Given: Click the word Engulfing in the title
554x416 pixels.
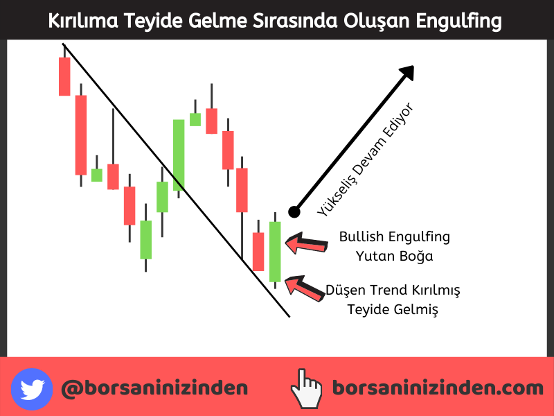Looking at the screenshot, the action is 458,21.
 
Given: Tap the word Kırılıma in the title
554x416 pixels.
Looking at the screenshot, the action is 83,21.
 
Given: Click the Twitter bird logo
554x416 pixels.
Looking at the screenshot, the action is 32,389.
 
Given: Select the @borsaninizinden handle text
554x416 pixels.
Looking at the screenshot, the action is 154,388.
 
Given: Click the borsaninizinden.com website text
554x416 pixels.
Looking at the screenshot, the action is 438,388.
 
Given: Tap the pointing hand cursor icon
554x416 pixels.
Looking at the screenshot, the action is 306,388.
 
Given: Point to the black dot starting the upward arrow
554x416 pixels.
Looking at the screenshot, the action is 294,212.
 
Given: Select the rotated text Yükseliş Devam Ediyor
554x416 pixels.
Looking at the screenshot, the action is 366,159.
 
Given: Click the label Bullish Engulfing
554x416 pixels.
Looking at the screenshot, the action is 395,236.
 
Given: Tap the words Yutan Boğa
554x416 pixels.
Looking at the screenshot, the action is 394,256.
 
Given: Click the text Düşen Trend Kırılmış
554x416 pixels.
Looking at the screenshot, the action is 393,290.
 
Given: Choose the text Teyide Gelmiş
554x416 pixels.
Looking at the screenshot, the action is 393,309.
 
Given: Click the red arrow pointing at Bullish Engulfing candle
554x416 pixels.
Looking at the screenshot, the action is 306,243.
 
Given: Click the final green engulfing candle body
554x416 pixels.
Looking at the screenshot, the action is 275,252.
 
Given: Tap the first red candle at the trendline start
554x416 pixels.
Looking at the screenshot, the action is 64,76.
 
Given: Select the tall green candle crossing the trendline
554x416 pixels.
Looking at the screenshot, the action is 179,155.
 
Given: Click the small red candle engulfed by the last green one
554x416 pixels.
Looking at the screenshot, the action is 258,252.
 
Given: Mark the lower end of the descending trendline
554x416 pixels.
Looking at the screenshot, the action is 289,317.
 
